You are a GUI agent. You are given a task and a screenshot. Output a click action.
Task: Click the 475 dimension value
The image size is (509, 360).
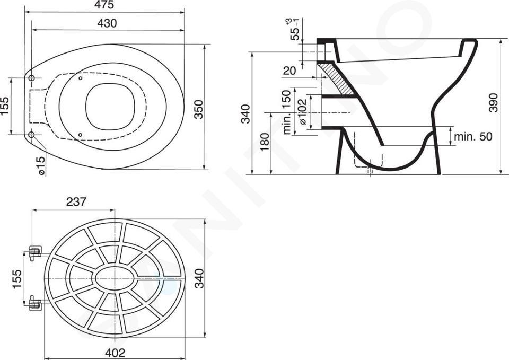[104, 5]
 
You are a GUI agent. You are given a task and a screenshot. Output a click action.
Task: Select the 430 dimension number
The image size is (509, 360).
[107, 23]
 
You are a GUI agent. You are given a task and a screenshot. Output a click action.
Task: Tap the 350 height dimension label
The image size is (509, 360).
[199, 109]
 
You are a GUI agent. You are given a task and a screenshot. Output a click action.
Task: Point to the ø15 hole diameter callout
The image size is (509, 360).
[41, 165]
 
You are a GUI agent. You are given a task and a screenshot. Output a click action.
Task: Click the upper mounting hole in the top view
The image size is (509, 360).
[31, 78]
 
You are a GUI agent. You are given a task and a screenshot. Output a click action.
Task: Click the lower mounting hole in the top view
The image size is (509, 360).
[31, 134]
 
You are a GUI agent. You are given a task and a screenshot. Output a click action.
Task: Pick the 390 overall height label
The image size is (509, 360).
[494, 103]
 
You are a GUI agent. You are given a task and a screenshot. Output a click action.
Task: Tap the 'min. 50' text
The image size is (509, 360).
[473, 136]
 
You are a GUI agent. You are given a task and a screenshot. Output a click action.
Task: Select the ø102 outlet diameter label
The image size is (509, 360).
[302, 111]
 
